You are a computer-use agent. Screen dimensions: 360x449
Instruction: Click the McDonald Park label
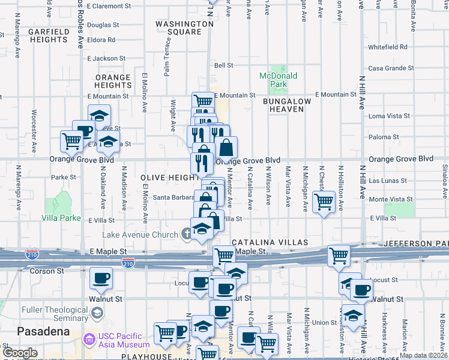pos(278,80)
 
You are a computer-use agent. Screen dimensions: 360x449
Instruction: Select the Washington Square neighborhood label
pos(184,28)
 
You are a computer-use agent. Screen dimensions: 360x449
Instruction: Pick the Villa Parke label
pos(61,218)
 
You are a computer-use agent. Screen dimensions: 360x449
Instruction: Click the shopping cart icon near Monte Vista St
pos(324,201)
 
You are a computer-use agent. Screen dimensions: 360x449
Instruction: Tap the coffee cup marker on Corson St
pos(100,278)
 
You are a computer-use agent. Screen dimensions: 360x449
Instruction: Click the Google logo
pos(20,353)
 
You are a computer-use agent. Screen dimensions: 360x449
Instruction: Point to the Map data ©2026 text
pos(423,355)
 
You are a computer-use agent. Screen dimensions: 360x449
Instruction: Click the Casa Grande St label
pos(389,68)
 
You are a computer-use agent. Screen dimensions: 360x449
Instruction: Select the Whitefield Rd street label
pos(388,47)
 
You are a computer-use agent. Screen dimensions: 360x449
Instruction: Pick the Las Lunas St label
pos(388,181)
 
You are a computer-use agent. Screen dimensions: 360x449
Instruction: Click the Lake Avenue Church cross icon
pos(188,234)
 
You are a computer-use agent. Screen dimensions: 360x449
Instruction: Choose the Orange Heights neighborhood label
pos(113,81)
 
